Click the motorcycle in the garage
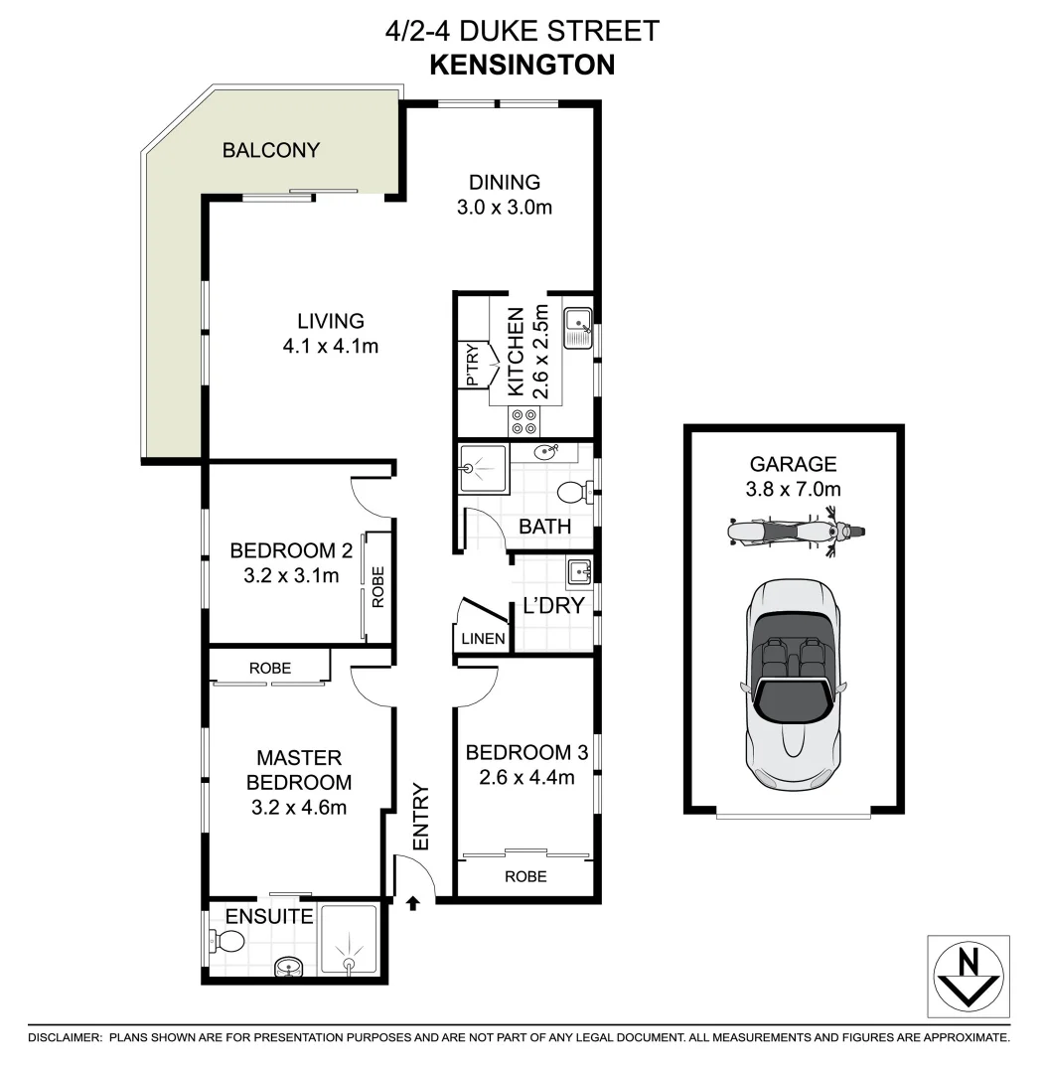pos(794,531)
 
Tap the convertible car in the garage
pos(794,686)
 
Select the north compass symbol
pos(969,977)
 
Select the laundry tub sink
pos(579,573)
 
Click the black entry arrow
pos(414,902)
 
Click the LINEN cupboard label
pos(482,639)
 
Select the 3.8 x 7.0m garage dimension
pos(794,488)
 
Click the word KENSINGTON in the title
pos(522,65)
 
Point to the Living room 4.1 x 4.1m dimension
pos(331,347)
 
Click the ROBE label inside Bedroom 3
pos(525,876)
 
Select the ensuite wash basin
pos(288,966)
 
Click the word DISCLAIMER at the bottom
pos(65,1037)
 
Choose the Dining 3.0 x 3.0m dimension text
pos(504,208)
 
